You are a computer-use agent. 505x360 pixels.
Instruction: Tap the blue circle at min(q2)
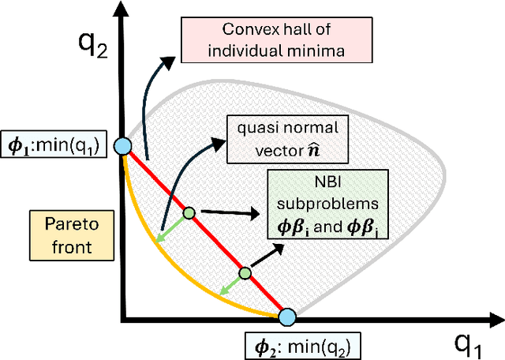click(x=287, y=317)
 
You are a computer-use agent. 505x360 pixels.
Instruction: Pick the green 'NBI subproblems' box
click(x=326, y=204)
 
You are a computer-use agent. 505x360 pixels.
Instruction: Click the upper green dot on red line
click(x=189, y=212)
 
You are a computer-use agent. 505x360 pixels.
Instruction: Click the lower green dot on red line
click(x=245, y=273)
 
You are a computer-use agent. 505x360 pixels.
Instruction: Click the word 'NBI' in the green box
click(x=326, y=183)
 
